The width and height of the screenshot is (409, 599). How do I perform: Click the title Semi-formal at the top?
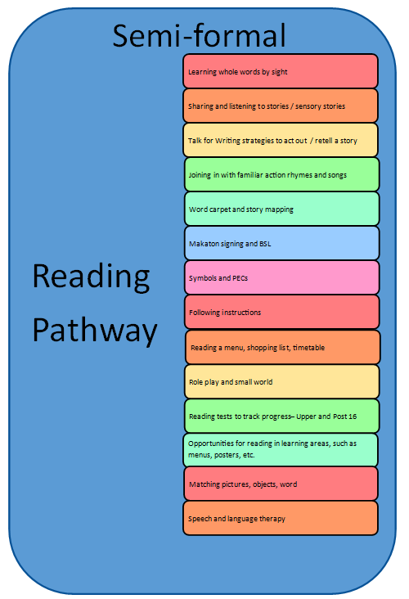199,35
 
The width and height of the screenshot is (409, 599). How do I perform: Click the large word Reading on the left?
91,277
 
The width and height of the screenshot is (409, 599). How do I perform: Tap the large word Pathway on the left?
95,331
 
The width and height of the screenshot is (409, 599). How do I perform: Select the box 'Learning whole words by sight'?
281,71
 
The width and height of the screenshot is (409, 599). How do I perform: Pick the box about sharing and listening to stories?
281,106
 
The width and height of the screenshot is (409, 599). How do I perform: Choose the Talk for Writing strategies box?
281,140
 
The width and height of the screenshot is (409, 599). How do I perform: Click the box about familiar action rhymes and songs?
282,174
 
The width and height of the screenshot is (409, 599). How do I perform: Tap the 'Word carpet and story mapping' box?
282,209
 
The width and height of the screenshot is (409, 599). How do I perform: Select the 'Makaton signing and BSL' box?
282,243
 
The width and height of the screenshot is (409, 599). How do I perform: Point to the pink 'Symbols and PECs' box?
282,277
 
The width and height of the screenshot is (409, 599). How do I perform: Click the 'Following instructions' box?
282,312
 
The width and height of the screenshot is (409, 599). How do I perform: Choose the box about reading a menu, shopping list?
282,347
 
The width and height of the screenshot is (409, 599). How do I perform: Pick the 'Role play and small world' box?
282,381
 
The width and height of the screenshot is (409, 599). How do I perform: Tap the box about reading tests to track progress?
282,416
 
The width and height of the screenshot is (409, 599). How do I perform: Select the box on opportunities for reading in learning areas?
281,450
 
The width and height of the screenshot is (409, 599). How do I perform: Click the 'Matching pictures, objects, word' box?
281,484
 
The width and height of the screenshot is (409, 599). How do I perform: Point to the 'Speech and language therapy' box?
281,518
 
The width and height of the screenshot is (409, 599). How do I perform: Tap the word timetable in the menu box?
308,348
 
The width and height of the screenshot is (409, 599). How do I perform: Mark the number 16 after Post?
353,417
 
